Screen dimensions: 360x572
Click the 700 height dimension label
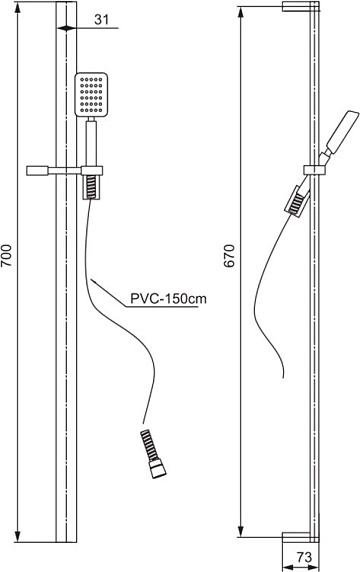click(7, 256)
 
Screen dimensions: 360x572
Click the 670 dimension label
click(230, 256)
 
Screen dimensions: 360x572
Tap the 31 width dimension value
click(102, 20)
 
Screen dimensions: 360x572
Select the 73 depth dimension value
click(304, 557)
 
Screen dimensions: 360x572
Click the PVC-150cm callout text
click(169, 299)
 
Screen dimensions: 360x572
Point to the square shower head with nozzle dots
click(91, 95)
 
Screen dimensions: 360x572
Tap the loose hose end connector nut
click(158, 468)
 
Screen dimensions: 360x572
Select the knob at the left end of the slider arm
click(37, 171)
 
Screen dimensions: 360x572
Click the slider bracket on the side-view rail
click(315, 170)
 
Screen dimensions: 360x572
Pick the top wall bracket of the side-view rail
click(301, 6)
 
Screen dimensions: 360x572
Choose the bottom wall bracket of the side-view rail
click(301, 537)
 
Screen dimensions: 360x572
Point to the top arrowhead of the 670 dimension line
click(240, 11)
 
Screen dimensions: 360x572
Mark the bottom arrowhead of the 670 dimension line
click(240, 533)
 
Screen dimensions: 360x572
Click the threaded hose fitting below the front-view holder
click(91, 187)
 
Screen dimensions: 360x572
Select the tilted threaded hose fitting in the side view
click(296, 202)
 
